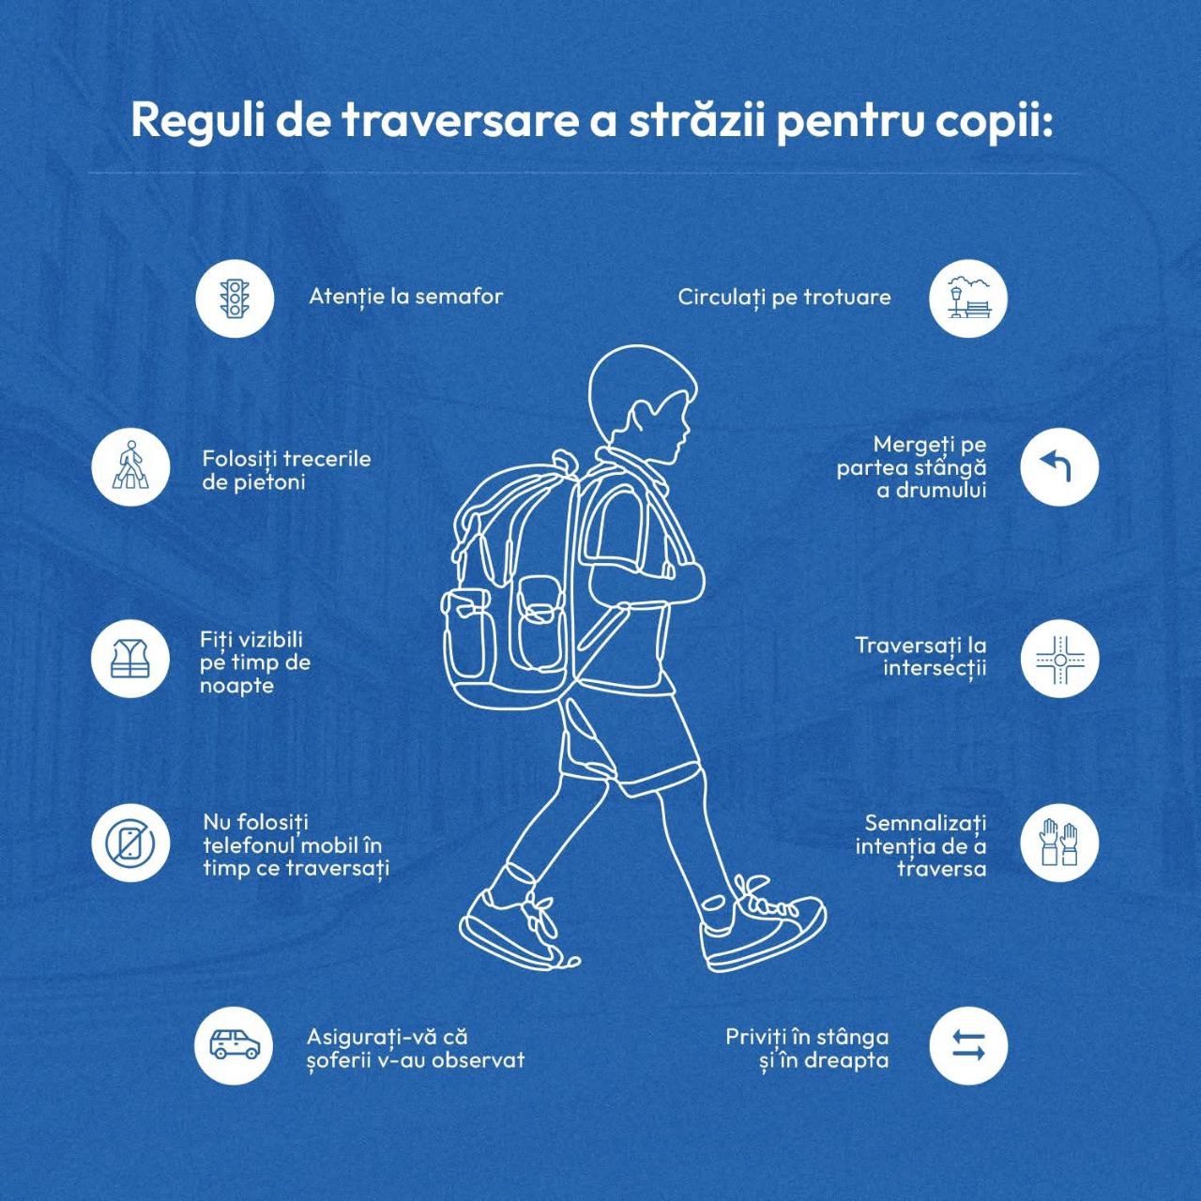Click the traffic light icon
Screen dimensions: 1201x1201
[235, 298]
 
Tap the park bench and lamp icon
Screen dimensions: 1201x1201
[968, 298]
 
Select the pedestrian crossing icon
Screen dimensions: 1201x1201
[130, 466]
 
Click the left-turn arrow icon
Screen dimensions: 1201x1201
[1059, 467]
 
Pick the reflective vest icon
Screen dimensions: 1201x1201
[130, 659]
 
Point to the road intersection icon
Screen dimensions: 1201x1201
[1059, 659]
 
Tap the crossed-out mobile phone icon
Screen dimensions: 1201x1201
[130, 844]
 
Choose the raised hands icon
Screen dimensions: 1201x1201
[1059, 844]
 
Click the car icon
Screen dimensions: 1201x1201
[235, 1044]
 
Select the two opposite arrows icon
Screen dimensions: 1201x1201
[968, 1045]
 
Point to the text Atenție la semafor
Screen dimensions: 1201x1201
[405, 296]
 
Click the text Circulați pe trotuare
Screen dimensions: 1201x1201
[784, 298]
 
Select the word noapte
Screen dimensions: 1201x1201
[236, 686]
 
